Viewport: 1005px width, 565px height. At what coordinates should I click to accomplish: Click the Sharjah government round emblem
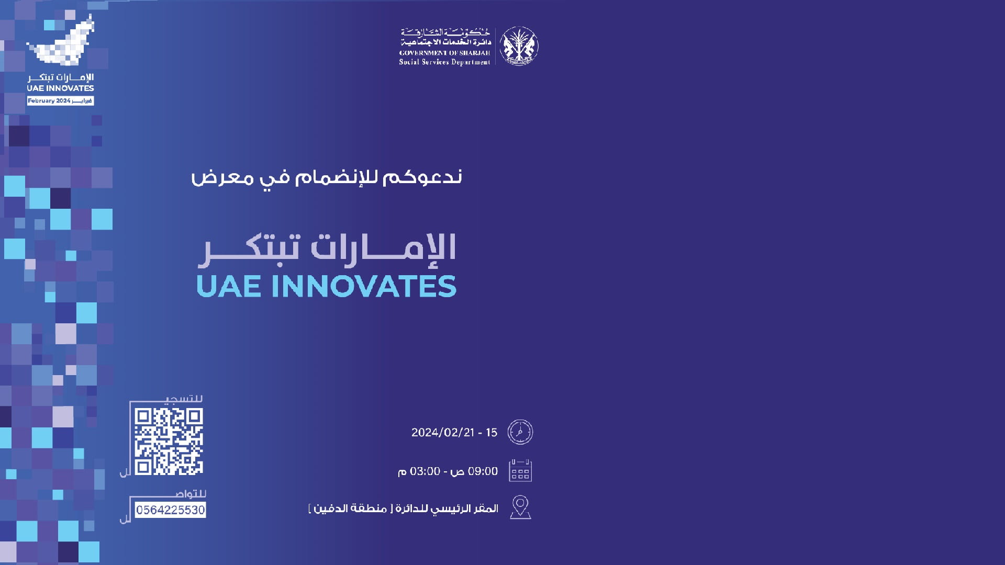(x=518, y=46)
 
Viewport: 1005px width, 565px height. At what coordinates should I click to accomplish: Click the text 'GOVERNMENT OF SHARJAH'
(x=444, y=53)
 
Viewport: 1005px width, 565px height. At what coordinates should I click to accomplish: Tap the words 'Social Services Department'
(x=444, y=62)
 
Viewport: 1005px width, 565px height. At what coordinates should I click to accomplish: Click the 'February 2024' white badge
(x=60, y=100)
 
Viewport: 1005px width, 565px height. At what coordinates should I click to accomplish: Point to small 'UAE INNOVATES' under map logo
(x=60, y=88)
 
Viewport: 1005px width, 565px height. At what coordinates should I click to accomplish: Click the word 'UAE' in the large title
(x=228, y=286)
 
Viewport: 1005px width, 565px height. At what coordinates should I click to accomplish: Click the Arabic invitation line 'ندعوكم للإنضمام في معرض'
(x=326, y=177)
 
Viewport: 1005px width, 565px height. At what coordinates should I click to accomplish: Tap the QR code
(x=169, y=442)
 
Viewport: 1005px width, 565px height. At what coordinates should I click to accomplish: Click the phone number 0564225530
(x=170, y=510)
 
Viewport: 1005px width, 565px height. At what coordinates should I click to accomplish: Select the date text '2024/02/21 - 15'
(x=454, y=433)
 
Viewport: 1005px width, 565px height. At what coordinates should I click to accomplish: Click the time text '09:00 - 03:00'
(x=448, y=471)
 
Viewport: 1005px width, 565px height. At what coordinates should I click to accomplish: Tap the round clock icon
(x=520, y=432)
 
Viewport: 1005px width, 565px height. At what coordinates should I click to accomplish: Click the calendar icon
(x=520, y=471)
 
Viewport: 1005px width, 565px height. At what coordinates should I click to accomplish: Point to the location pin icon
(x=520, y=507)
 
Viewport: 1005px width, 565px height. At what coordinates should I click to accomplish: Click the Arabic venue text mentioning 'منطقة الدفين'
(x=403, y=508)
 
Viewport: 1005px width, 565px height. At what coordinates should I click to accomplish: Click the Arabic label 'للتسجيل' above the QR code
(x=183, y=399)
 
